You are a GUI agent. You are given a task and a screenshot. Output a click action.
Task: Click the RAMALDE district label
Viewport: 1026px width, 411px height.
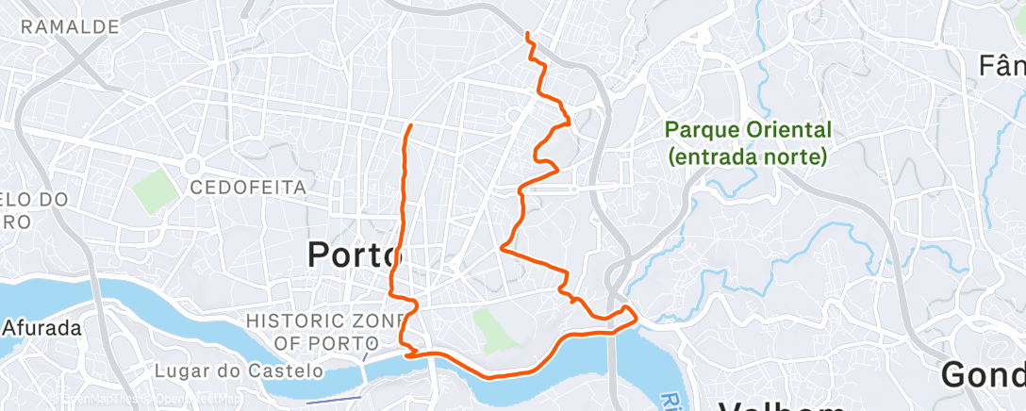(x=69, y=26)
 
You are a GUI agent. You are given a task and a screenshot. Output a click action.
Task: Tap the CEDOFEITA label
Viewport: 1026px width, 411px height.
(x=248, y=188)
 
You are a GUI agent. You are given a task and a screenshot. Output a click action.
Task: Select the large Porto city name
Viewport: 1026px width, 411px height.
(x=356, y=254)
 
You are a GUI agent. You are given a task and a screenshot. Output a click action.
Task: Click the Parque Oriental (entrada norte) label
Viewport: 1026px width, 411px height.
(x=749, y=142)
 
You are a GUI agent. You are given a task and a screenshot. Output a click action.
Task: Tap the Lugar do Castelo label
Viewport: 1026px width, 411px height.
(x=235, y=371)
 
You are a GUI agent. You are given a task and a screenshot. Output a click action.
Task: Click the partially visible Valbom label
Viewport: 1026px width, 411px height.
(x=782, y=403)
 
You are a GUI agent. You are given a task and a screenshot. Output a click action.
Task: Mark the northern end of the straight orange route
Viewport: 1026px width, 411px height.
(x=409, y=125)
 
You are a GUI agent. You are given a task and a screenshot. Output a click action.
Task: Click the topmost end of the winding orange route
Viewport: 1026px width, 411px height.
(x=526, y=34)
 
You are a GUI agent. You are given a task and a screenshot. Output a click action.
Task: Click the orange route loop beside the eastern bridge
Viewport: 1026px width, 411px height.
(x=627, y=315)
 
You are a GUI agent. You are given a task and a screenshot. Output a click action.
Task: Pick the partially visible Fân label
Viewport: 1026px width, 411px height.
(x=1001, y=66)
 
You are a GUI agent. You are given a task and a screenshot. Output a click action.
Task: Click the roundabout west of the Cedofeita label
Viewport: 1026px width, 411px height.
(x=196, y=163)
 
